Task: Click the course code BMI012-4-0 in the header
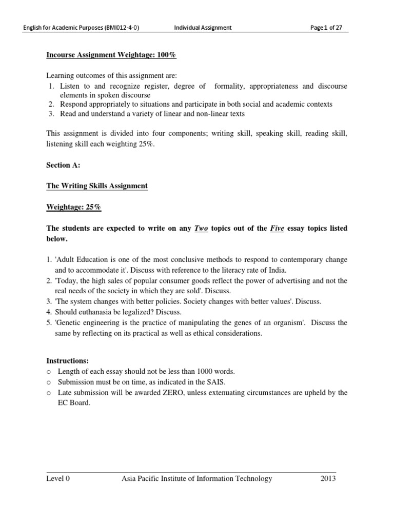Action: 121,28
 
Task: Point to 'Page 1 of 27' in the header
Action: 326,28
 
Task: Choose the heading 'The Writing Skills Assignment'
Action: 97,186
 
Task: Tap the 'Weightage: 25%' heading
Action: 74,207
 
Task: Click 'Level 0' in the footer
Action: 58,479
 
